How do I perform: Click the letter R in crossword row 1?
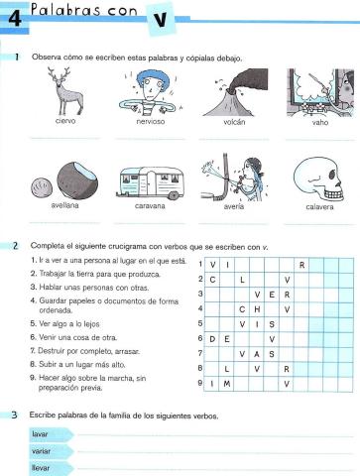click(x=300, y=265)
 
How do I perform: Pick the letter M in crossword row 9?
click(x=227, y=383)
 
